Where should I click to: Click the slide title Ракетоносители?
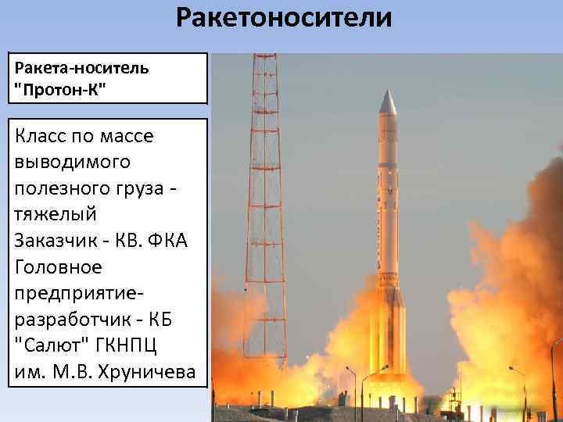point(283,18)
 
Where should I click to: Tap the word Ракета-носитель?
point(81,67)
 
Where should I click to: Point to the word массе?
point(126,137)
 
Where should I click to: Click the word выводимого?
point(73,163)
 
